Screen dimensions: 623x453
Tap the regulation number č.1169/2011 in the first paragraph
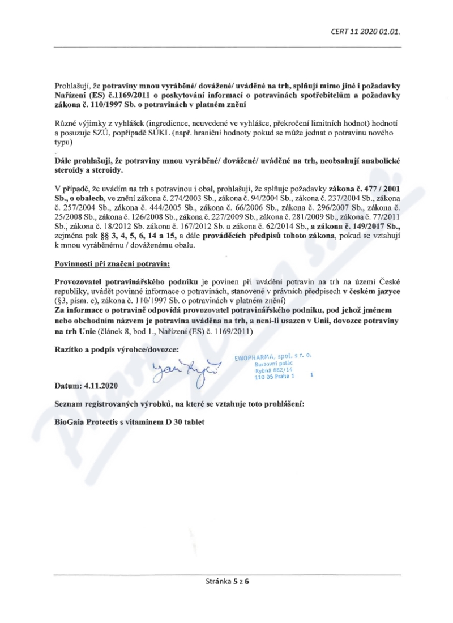coord(128,96)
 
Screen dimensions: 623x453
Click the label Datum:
coord(68,385)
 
